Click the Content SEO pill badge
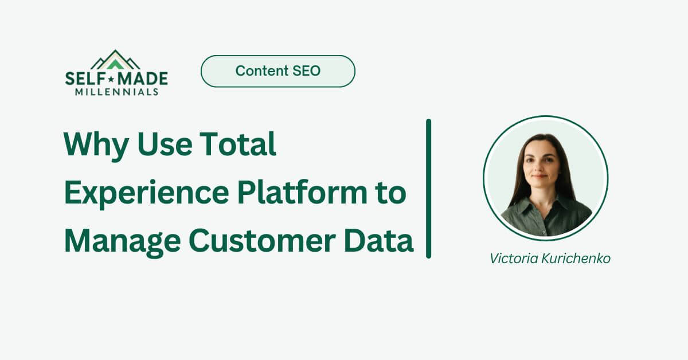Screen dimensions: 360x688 tap(277, 71)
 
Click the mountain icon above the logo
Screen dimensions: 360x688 tap(116, 60)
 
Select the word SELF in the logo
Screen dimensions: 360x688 tap(84, 79)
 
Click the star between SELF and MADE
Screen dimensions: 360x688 tap(111, 79)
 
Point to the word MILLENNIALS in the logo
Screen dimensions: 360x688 tap(116, 92)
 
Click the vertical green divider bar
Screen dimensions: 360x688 tap(428, 189)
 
